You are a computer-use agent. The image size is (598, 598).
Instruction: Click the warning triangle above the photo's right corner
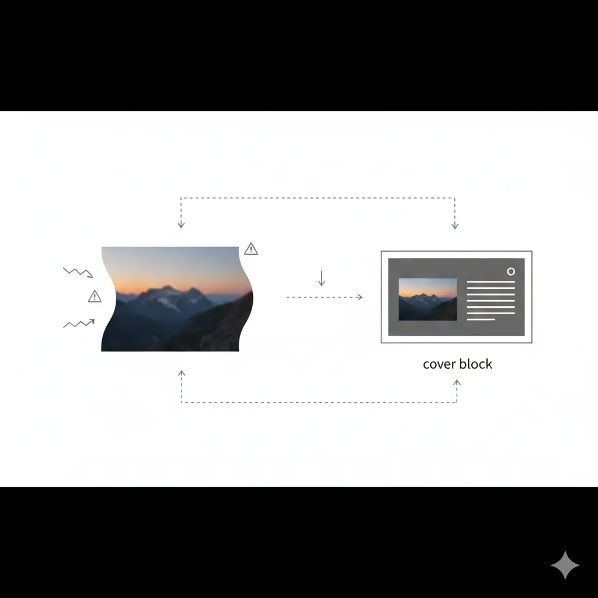(251, 249)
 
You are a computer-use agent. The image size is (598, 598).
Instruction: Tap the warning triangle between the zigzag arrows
(95, 297)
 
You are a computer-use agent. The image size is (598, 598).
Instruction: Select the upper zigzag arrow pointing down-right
(78, 272)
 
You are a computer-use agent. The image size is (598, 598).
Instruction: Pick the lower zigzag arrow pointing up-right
(79, 323)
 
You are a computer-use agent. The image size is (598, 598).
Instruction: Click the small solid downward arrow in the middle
(321, 279)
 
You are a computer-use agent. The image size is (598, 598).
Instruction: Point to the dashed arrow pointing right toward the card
(325, 297)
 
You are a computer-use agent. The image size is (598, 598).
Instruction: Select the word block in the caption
(475, 364)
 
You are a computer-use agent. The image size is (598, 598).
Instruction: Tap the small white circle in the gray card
(511, 272)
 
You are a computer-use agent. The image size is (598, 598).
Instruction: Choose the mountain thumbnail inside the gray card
(427, 299)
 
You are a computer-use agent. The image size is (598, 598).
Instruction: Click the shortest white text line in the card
(481, 319)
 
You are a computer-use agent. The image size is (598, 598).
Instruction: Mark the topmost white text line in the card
(491, 282)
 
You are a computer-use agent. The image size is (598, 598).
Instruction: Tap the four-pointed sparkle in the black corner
(565, 565)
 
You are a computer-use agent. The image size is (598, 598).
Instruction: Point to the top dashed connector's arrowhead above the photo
(181, 225)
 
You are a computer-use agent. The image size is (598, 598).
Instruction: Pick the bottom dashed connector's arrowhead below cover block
(457, 383)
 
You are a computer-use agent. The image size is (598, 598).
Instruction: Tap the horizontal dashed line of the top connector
(318, 198)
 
